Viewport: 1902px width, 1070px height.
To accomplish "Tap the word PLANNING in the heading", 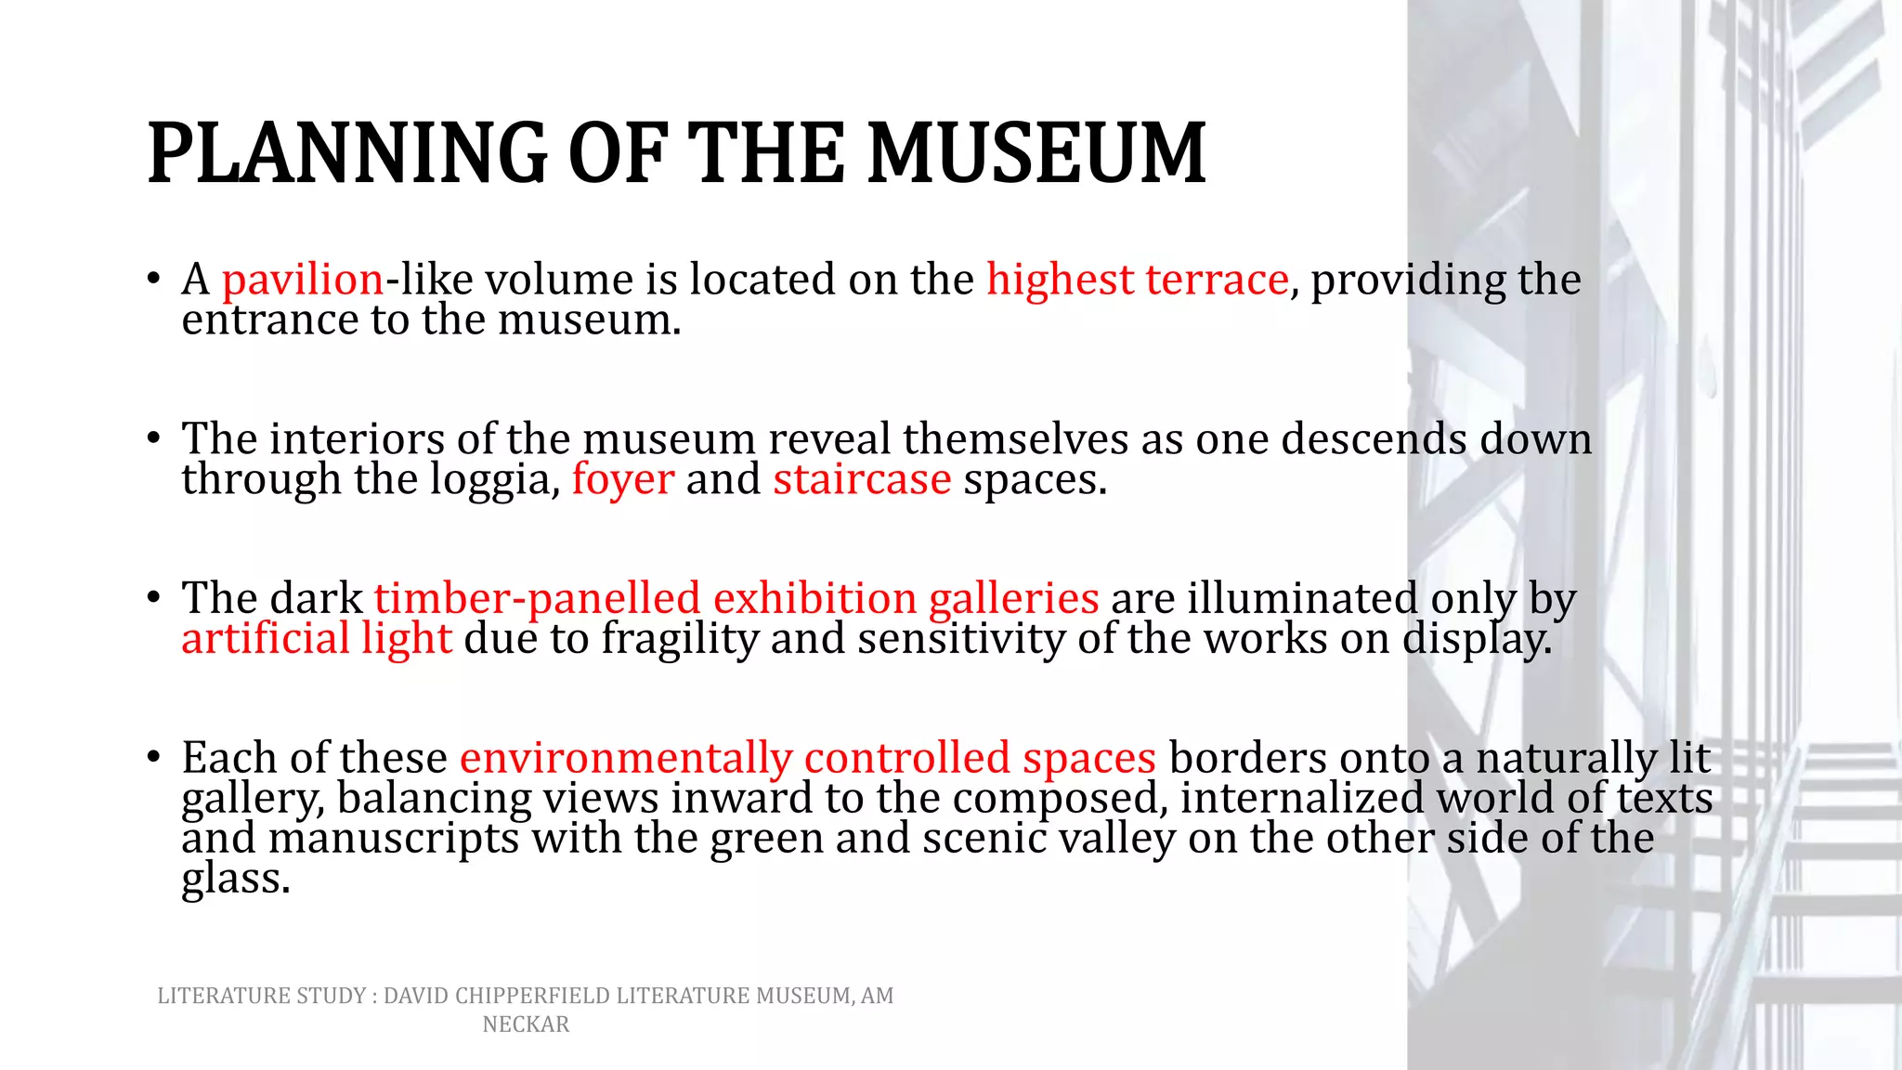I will point(347,153).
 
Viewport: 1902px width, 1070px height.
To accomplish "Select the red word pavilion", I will point(303,280).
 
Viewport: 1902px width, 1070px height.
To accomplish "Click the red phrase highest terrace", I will point(1137,280).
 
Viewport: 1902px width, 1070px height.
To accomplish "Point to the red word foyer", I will point(622,480).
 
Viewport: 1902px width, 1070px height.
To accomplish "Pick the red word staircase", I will point(862,480).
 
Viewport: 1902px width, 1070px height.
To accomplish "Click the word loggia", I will point(495,480).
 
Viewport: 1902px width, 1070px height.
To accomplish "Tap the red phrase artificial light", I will point(317,639).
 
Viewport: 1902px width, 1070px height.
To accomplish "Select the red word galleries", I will point(1013,598).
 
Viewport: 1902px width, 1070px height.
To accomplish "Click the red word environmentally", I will point(626,758).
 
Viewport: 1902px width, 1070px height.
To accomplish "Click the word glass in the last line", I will point(235,879).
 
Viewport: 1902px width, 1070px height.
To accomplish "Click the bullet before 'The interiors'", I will point(154,438).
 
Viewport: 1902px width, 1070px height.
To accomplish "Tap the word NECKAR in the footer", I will point(526,1024).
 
